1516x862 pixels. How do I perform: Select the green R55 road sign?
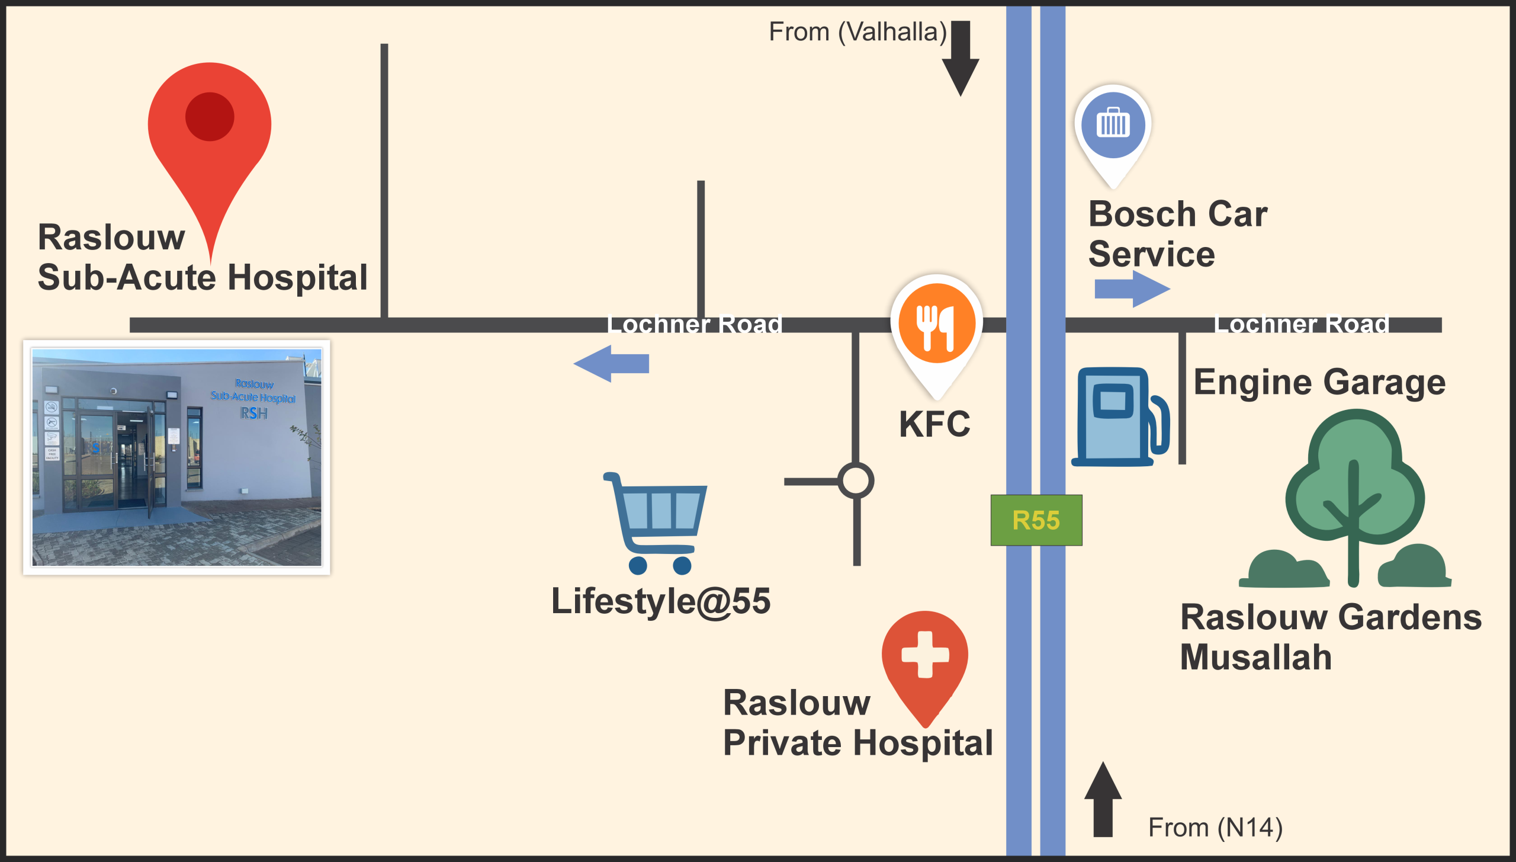click(x=1036, y=520)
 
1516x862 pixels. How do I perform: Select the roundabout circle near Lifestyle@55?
click(x=856, y=480)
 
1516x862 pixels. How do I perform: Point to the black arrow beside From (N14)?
click(x=1103, y=800)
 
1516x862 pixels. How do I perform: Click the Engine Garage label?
click(x=1319, y=383)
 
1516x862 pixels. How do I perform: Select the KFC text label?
click(x=934, y=424)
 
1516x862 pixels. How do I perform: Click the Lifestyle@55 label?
click(x=661, y=601)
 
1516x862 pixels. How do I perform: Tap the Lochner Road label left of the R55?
click(x=695, y=325)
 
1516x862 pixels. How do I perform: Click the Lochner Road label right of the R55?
click(x=1302, y=325)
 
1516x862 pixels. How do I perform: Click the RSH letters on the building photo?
click(x=254, y=413)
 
